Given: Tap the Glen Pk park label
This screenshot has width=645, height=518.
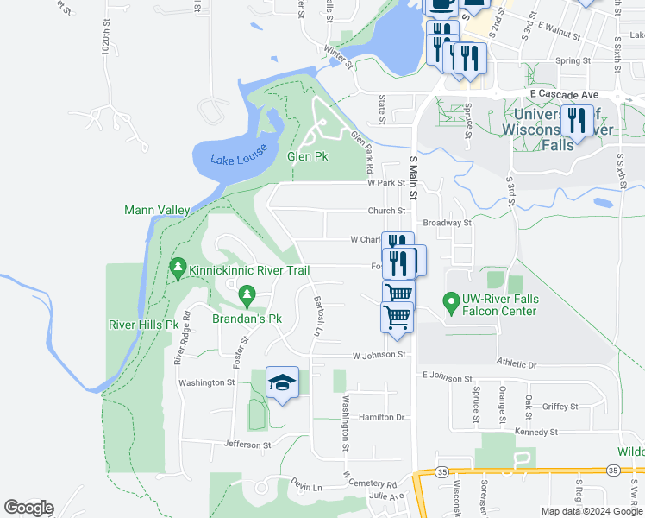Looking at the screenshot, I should point(308,157).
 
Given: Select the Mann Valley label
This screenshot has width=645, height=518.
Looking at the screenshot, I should point(156,210).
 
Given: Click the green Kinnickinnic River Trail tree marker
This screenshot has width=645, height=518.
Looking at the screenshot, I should point(178,269).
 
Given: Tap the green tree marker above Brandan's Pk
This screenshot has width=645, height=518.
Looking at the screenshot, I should point(247,297).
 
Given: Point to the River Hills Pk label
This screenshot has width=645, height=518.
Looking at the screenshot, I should point(143,325).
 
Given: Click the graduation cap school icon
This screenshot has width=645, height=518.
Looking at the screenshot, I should point(281,382).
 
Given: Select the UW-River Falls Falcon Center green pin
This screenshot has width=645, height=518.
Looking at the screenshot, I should point(449,303).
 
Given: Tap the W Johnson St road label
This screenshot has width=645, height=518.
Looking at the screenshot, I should point(378,355).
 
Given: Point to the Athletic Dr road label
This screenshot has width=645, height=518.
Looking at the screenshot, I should point(516,364).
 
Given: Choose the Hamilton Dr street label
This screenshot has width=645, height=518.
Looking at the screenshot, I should point(383,417).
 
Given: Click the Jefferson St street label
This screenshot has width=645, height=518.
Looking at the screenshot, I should point(247,445).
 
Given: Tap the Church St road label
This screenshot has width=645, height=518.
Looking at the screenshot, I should point(385,211).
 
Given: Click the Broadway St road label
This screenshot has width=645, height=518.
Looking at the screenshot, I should point(448,222).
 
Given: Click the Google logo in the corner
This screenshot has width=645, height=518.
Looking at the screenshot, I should point(28,508).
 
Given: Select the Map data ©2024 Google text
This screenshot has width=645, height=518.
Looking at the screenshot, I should point(591,511).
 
